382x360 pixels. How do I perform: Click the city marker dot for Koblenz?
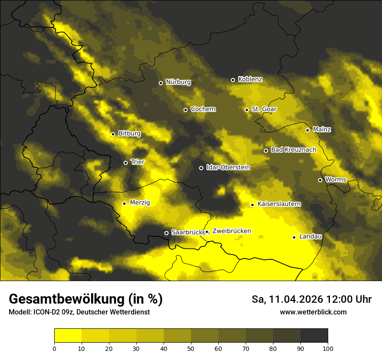(233, 80)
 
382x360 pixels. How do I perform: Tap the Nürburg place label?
(178, 82)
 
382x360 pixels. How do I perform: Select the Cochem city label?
(203, 109)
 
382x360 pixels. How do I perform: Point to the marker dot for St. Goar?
(247, 110)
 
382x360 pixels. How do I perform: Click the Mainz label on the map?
(322, 129)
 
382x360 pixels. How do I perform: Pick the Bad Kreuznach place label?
(293, 150)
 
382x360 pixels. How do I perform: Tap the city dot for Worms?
(320, 180)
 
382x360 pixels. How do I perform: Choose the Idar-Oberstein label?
(228, 167)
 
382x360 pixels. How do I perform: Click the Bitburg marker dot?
(113, 134)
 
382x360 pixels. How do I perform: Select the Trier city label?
(138, 162)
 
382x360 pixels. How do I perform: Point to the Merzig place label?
(140, 203)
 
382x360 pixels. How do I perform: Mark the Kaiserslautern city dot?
(252, 205)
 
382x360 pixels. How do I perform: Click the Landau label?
(310, 236)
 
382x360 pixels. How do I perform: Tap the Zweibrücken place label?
(231, 231)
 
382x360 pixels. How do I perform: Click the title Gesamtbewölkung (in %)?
(86, 299)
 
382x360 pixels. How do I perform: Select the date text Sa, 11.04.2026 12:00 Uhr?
(312, 299)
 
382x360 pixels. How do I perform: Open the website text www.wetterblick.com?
(313, 312)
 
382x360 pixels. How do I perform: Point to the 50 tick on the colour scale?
(191, 348)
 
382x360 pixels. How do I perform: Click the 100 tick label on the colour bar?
(328, 348)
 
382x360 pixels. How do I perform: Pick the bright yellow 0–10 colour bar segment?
(68, 335)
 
